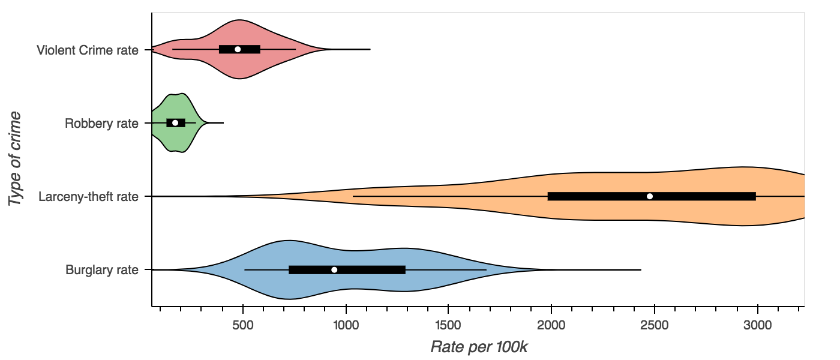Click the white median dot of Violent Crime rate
click(x=238, y=49)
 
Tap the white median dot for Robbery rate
click(x=175, y=122)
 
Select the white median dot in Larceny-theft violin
click(x=650, y=196)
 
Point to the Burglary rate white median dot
click(x=334, y=269)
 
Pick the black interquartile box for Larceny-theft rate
click(x=708, y=196)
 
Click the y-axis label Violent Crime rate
click(x=88, y=50)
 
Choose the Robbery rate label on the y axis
click(x=101, y=124)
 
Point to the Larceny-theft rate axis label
click(x=88, y=197)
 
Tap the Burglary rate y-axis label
click(x=102, y=270)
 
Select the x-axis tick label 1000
click(x=346, y=325)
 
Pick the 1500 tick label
click(x=449, y=325)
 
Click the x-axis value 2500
click(x=655, y=325)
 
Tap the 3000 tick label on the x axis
click(x=758, y=325)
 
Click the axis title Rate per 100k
click(x=478, y=347)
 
